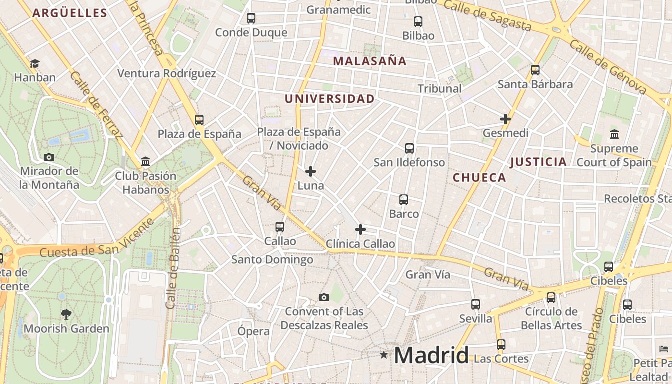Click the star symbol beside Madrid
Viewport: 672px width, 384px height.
[x=384, y=355]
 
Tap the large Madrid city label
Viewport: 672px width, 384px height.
[x=431, y=356]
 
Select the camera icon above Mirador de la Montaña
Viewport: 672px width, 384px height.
[x=48, y=157]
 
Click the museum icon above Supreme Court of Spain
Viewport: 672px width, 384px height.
[x=614, y=134]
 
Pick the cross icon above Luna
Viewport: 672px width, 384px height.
[x=311, y=171]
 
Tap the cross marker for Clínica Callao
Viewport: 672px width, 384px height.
[x=360, y=229]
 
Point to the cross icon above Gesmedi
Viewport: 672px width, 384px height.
[x=505, y=119]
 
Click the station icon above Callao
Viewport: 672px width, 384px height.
[x=280, y=227]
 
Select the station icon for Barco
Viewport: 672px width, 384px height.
[x=404, y=200]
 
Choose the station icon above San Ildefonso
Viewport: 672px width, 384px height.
[x=409, y=148]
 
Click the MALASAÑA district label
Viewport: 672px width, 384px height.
[x=370, y=61]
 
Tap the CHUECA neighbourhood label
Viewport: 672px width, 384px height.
[x=479, y=178]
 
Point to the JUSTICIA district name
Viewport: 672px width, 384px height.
[x=538, y=162]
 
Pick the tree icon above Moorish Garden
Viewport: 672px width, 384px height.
[x=66, y=314]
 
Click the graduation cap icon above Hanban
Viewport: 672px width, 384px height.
[x=35, y=64]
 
